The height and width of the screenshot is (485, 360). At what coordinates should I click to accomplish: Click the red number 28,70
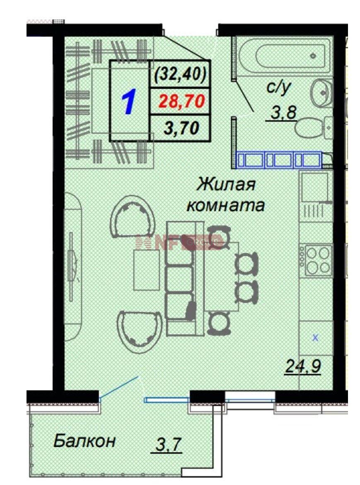point(182,102)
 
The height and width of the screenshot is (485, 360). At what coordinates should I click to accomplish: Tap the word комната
point(226,205)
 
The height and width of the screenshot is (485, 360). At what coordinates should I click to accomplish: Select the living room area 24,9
point(303,366)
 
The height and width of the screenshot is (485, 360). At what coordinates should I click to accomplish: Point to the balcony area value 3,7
point(168,445)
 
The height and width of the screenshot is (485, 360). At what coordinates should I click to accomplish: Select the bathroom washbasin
point(321,91)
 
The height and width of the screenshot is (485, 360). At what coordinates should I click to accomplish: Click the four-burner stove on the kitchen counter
point(319,260)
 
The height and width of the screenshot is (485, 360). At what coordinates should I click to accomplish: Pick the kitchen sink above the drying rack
point(314,187)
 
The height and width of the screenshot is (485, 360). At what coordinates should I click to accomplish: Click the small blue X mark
point(315,338)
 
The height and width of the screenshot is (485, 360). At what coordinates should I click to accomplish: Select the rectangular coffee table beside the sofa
point(147,270)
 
